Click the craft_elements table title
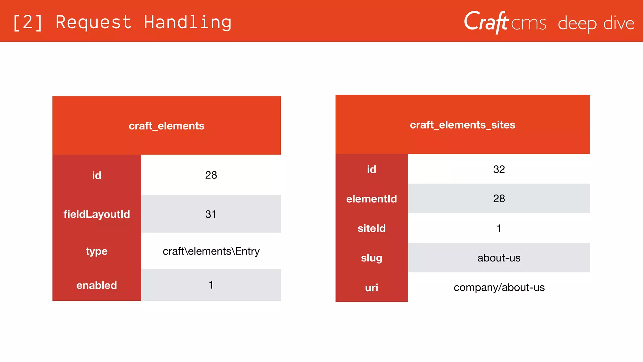166,126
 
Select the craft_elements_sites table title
462,125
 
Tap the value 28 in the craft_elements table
211,175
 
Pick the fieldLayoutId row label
97,214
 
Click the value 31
211,214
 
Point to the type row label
97,251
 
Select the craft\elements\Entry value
211,251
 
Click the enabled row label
97,285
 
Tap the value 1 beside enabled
211,285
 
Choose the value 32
499,169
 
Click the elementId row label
371,199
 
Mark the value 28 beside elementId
499,199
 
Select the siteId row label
371,228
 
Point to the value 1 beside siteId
499,228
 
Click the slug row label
371,258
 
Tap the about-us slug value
499,258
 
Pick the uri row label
371,288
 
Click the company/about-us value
499,288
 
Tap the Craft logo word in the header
486,22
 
